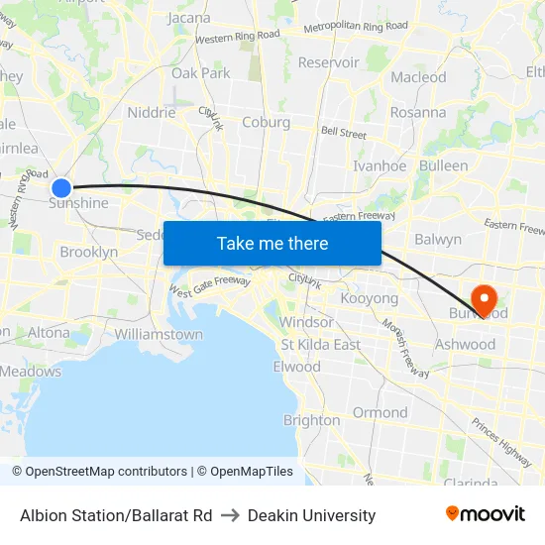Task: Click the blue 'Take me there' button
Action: click(x=272, y=244)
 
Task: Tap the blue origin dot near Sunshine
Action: click(x=61, y=187)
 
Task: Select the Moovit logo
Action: click(x=486, y=514)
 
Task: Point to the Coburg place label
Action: click(x=266, y=123)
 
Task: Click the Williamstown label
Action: click(x=159, y=334)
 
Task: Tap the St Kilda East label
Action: click(x=321, y=345)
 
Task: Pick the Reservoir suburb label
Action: click(x=329, y=62)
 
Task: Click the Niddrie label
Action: click(x=152, y=113)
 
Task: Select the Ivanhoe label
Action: click(x=380, y=166)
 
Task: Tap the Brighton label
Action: click(x=312, y=420)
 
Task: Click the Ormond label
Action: click(x=381, y=412)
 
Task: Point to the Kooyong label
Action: click(x=369, y=298)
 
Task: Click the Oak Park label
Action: click(x=201, y=73)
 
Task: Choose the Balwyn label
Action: click(x=438, y=239)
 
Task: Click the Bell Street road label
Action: click(x=343, y=132)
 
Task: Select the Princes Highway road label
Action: click(x=501, y=442)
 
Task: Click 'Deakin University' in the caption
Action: click(x=312, y=515)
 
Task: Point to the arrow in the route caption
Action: click(x=230, y=515)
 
